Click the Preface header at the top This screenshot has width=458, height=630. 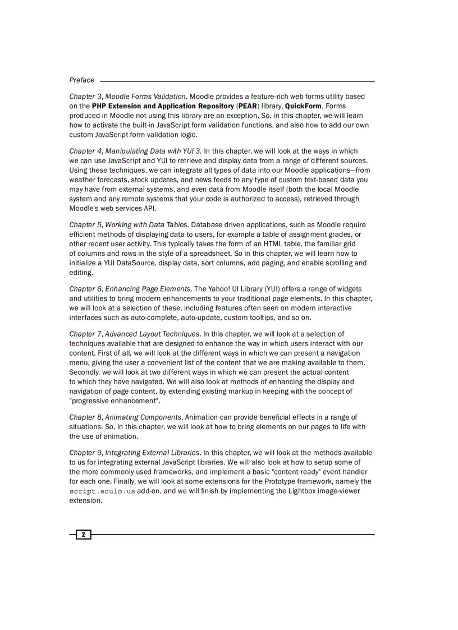tap(81, 80)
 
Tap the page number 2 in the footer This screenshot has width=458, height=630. tap(83, 535)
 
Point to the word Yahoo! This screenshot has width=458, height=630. tap(222, 289)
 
